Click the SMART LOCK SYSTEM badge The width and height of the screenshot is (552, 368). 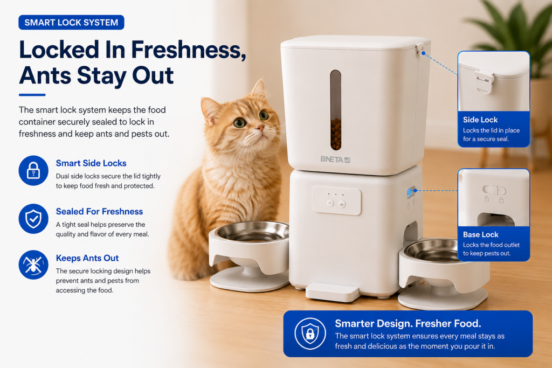tap(71, 22)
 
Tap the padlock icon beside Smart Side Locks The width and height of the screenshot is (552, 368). tap(33, 171)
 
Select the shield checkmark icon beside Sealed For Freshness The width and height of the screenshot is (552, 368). tap(33, 219)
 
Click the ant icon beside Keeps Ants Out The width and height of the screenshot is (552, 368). tap(33, 265)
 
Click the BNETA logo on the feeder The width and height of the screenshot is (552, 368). tap(335, 159)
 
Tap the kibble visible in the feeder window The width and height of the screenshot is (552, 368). tap(336, 133)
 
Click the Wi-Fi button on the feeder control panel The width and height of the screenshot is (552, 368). tap(330, 203)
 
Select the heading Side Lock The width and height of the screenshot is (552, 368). tap(480, 120)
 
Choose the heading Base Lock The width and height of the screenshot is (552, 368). tap(480, 234)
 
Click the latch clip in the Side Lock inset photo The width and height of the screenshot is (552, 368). tap(484, 81)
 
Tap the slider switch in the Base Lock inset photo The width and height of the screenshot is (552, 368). tap(494, 190)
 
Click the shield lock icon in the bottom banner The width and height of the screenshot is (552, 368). tap(310, 334)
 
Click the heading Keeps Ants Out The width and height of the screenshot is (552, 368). tap(87, 258)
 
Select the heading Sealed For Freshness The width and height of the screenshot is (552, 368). tap(99, 211)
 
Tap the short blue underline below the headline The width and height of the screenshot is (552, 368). tap(32, 95)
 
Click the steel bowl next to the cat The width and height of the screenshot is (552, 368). tap(252, 232)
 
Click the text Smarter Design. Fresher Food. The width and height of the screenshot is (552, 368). tap(408, 323)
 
